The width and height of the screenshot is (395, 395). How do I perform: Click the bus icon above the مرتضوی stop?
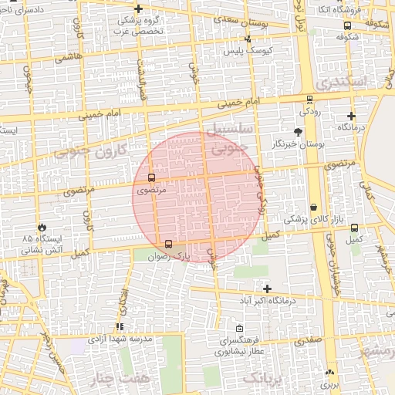[150, 177]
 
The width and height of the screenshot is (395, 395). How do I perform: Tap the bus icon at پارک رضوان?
[169, 244]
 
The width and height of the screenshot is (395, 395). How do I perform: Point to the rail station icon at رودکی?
[309, 100]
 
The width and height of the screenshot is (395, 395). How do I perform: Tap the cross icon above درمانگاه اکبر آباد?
[266, 289]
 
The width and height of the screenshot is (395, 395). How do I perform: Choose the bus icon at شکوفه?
[346, 25]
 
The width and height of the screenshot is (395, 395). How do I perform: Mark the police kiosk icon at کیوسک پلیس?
[248, 39]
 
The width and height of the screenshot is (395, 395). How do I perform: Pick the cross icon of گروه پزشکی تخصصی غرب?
[138, 8]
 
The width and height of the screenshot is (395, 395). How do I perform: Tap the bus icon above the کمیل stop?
[354, 228]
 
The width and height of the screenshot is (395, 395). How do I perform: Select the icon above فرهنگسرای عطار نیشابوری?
[239, 327]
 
